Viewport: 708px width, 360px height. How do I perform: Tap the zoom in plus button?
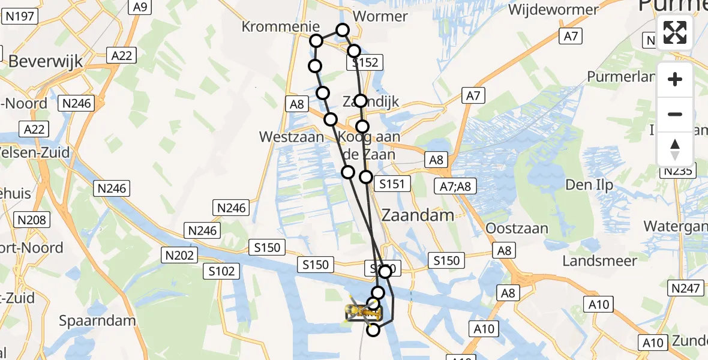[675, 80]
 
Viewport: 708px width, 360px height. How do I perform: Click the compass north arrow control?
[675, 149]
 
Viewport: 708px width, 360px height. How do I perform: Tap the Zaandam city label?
[418, 214]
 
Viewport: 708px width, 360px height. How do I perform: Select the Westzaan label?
[292, 137]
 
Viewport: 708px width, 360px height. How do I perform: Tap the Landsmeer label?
[599, 260]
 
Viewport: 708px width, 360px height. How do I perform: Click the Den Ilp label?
[590, 185]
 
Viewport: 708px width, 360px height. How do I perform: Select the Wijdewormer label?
[553, 10]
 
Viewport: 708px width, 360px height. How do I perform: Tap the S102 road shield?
[221, 271]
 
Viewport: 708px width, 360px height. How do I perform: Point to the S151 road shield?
[392, 184]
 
